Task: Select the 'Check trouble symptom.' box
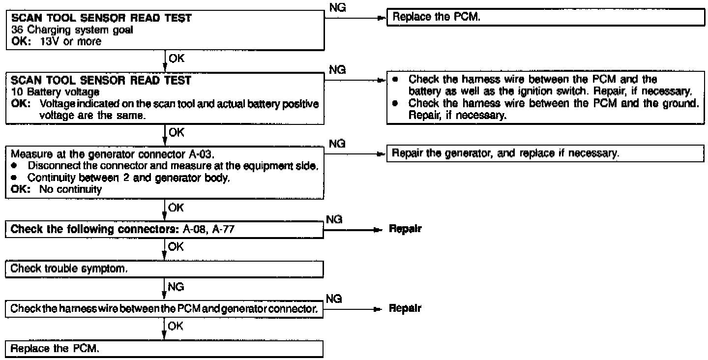coord(166,269)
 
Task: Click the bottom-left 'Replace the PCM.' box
coord(166,349)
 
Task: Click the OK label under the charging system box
coord(176,58)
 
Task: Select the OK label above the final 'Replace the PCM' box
coord(176,325)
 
